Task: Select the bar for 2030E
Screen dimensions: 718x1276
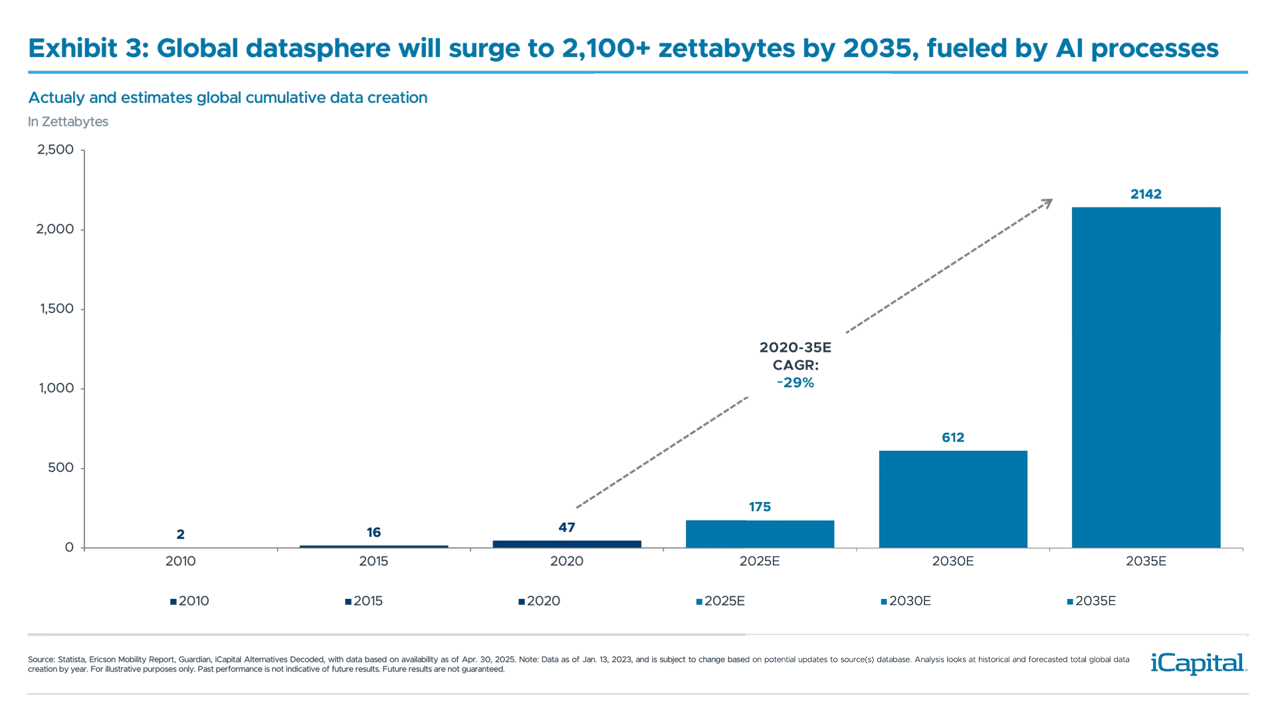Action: [953, 499]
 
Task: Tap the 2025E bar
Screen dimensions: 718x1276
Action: [760, 534]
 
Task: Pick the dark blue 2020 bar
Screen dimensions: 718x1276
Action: [566, 543]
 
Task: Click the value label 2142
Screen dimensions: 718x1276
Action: [1146, 194]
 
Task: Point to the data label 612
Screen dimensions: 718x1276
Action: [953, 437]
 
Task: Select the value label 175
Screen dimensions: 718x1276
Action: [760, 507]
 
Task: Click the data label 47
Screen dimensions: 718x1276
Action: [566, 527]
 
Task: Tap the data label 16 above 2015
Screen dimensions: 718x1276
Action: [373, 532]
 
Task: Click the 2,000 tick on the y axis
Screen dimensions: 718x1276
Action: [55, 229]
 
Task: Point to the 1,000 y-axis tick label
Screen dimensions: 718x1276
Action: [56, 388]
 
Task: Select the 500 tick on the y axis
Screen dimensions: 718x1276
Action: [60, 467]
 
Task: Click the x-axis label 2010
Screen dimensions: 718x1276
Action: [180, 561]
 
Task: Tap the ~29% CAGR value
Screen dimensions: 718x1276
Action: [796, 383]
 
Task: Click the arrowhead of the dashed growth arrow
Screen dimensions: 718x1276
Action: [1047, 203]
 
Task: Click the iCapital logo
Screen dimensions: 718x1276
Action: [1196, 663]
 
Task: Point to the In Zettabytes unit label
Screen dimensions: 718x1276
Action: [68, 122]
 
